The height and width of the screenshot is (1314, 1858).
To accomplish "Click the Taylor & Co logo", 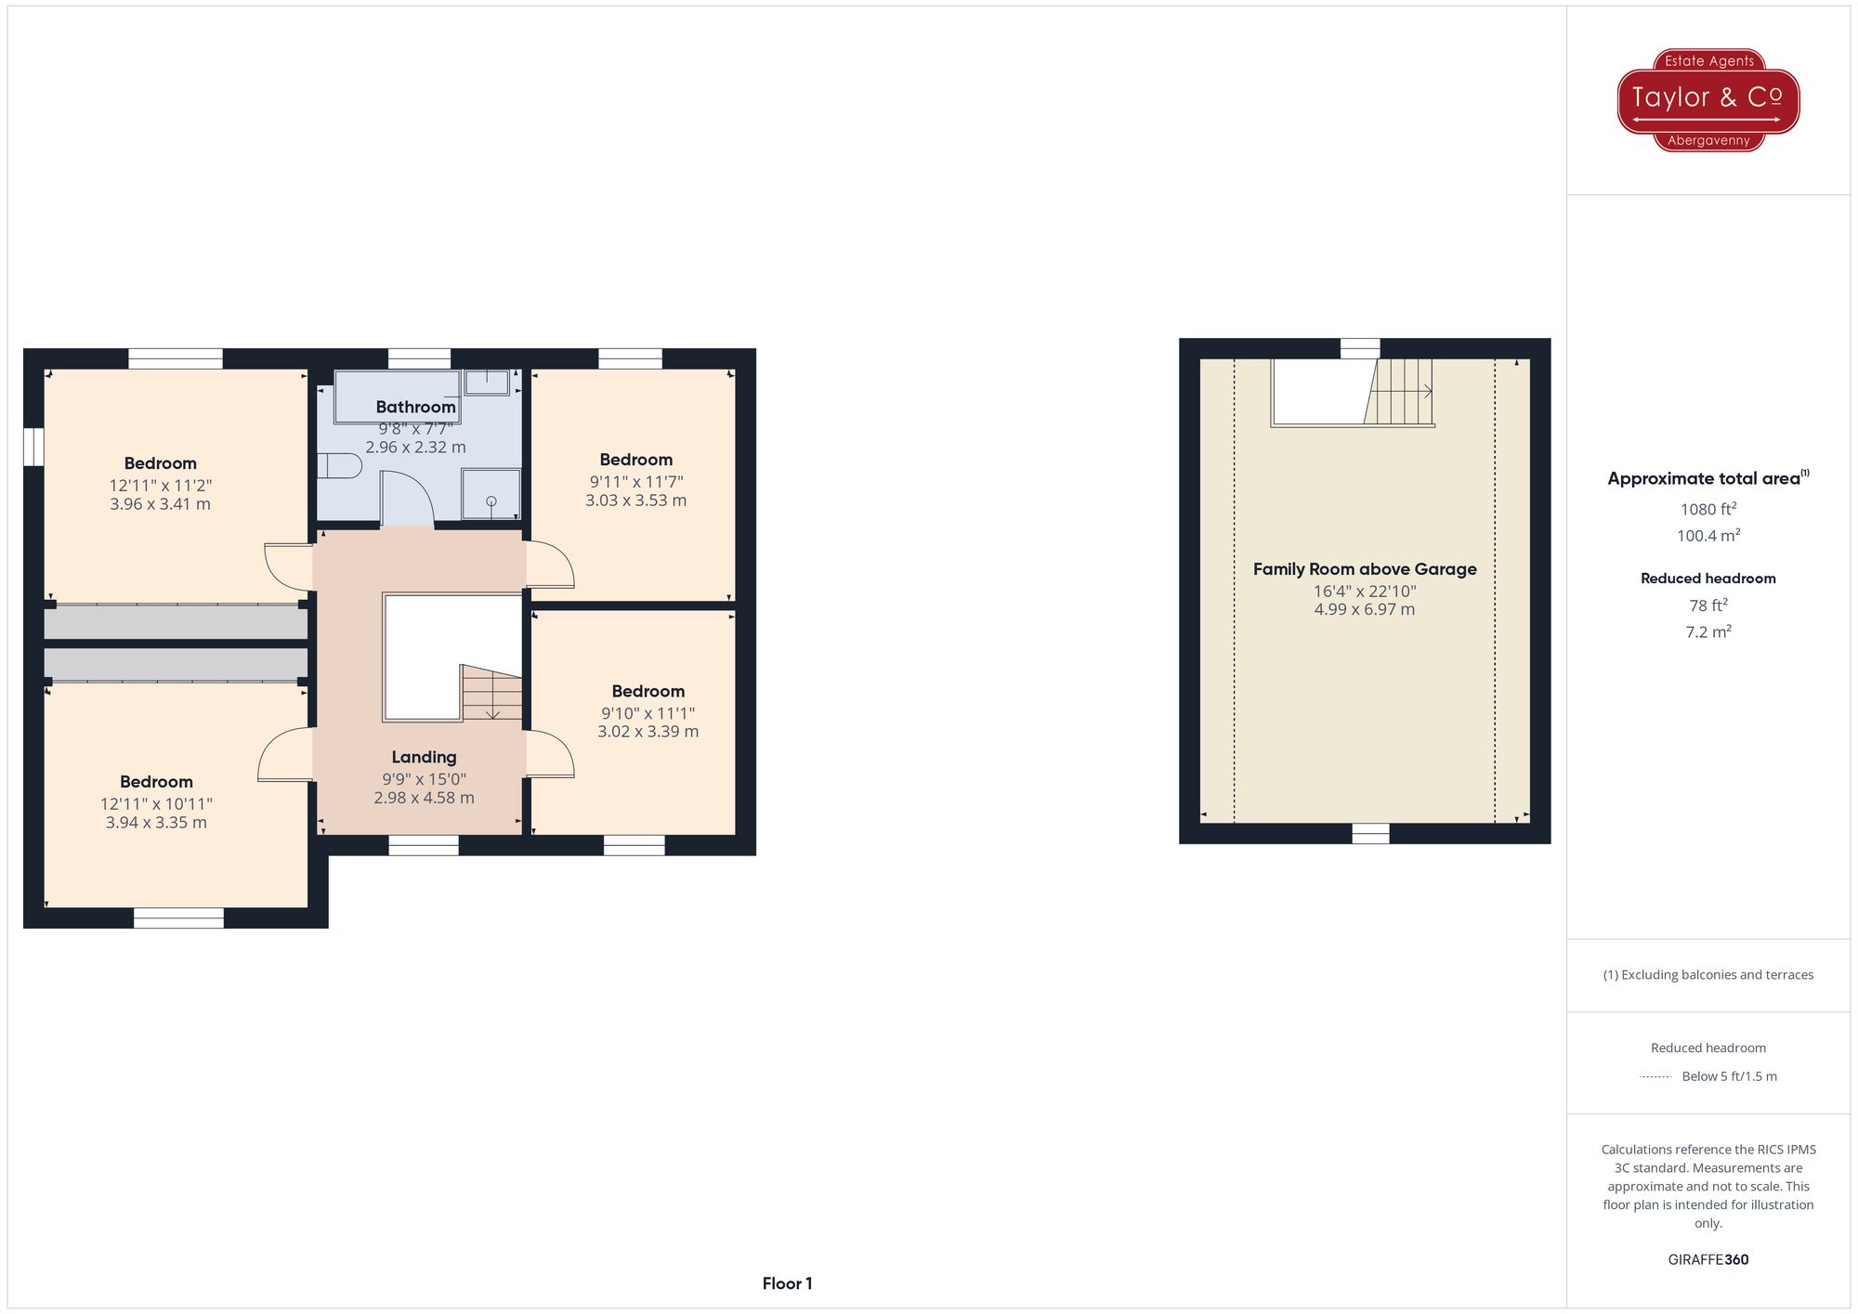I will coord(1708,99).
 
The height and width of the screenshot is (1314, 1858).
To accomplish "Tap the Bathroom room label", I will coord(415,407).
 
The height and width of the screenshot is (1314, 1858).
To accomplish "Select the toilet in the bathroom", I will coord(339,465).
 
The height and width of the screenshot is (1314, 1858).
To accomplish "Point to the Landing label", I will coord(424,758).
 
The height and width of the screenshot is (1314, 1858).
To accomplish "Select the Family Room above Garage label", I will coord(1364,569).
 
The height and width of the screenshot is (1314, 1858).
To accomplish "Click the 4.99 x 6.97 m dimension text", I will coord(1364,610).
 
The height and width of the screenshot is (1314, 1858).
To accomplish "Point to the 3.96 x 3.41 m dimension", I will coord(160,504).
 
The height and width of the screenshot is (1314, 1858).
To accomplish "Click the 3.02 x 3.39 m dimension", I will coord(648,732).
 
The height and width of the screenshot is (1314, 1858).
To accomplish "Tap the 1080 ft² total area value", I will coord(1708,509).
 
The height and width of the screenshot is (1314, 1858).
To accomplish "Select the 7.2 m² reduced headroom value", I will coord(1708,632).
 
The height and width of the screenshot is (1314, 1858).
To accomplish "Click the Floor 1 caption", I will coord(787,1283).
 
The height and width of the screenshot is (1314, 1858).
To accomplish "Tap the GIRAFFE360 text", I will coord(1708,1260).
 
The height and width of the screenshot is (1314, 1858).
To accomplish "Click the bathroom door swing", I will coord(407,499).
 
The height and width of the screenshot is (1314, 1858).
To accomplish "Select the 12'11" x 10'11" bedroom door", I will coord(284,754).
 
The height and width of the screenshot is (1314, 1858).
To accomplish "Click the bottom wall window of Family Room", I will coord(1370,833).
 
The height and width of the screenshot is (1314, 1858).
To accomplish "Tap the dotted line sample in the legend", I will coord(1655,1077).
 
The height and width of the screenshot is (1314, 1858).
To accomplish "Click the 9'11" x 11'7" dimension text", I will coord(636,482).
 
